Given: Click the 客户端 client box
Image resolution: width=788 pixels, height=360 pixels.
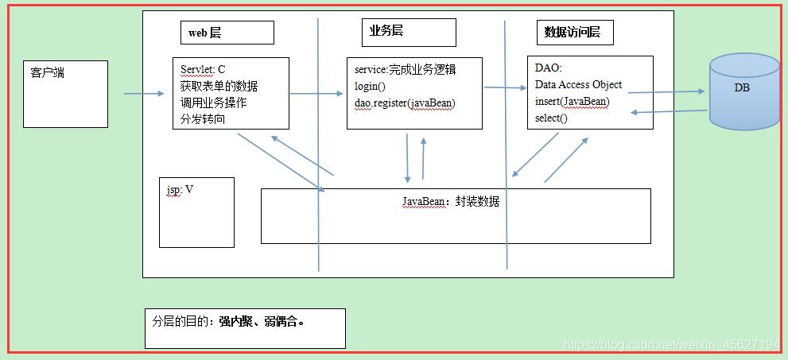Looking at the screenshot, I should point(66,94).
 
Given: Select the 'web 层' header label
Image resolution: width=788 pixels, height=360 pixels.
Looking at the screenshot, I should point(205,33).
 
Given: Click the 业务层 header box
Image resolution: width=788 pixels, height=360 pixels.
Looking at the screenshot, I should point(409,33).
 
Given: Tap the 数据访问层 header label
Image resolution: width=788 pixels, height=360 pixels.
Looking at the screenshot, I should point(572,33).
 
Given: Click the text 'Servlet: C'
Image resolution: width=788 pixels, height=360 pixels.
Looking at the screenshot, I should point(203,69).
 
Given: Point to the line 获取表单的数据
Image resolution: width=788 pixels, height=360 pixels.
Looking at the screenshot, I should point(219,86).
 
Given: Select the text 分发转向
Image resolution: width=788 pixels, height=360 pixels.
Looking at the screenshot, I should point(202,120).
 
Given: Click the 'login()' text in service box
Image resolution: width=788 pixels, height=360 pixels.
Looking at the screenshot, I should point(370,86).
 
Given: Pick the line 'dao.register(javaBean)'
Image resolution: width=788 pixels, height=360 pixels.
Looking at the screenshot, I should point(405,103).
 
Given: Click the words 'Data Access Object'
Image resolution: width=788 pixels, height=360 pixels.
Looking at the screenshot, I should point(578,84).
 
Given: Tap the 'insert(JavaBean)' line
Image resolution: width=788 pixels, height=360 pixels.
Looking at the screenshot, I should point(572,102).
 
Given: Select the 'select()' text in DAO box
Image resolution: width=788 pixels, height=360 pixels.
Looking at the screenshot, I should point(551,118).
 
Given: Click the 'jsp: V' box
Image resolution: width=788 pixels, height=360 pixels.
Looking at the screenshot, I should point(196,212).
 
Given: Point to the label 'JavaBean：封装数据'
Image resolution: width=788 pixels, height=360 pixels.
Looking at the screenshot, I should point(450,202).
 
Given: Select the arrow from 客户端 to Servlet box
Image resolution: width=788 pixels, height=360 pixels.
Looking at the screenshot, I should point(143,94).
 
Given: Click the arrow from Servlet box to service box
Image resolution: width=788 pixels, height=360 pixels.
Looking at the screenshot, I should point(316,94).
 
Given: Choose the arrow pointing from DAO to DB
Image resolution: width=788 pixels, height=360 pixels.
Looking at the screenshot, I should point(666,92).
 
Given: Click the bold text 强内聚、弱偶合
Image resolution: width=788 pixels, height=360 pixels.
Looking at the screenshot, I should point(262,323).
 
